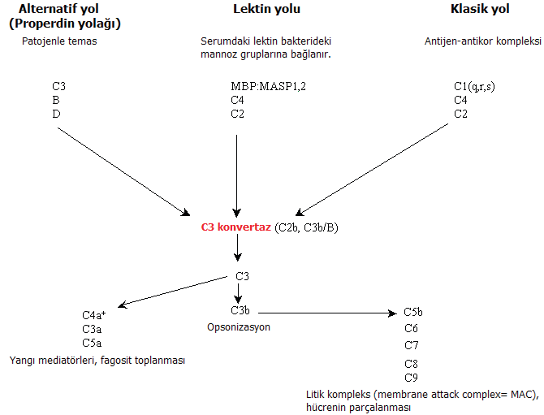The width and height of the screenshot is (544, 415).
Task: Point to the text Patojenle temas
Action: click(x=59, y=40)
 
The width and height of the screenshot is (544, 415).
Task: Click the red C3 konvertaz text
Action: click(x=236, y=227)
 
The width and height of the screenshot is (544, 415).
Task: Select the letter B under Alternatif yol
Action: click(x=55, y=100)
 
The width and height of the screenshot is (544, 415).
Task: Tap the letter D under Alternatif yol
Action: click(x=55, y=114)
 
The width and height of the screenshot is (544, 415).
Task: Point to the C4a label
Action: click(x=93, y=315)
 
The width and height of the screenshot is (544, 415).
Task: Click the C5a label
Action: click(x=91, y=343)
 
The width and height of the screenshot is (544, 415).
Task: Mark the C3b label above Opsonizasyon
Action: click(x=240, y=309)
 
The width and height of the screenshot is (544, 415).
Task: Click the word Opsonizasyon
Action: click(x=238, y=326)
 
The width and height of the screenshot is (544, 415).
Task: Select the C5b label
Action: click(x=413, y=312)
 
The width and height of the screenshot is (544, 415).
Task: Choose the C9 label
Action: click(x=411, y=378)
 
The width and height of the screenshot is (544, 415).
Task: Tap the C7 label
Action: click(x=411, y=344)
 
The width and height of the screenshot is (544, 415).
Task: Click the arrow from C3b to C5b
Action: click(x=325, y=312)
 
